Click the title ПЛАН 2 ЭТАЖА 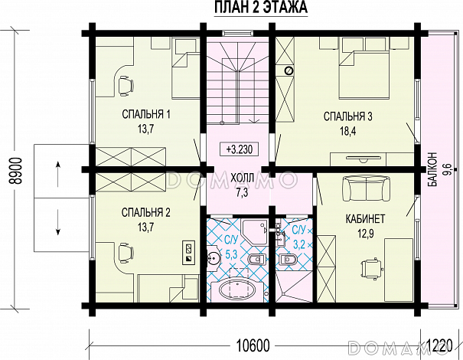(261, 7)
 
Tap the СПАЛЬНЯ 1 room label (146, 114)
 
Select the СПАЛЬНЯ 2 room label (146, 212)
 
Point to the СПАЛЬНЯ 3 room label (348, 116)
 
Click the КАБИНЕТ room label (365, 219)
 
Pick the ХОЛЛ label (242, 178)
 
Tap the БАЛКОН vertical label (432, 169)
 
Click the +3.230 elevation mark (240, 149)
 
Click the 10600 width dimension (253, 345)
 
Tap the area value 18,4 (348, 131)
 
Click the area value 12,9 (366, 234)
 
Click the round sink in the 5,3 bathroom (213, 258)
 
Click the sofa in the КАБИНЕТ (366, 189)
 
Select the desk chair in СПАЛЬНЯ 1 (126, 86)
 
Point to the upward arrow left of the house (58, 174)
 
